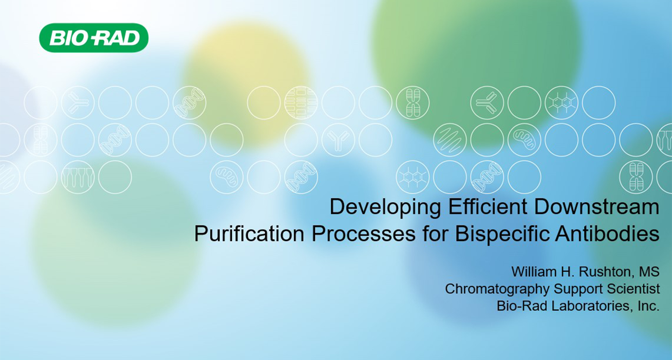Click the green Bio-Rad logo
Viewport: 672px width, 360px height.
point(94,38)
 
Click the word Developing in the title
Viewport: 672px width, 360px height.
point(385,207)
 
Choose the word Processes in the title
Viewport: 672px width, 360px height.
point(363,234)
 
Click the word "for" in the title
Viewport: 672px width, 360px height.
point(435,234)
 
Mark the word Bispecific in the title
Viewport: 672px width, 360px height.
point(502,234)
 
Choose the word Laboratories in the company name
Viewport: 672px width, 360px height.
point(591,306)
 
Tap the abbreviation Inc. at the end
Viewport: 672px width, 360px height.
point(648,306)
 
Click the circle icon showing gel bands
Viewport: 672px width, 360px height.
point(301,103)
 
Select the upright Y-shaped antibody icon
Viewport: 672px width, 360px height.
point(338,140)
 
